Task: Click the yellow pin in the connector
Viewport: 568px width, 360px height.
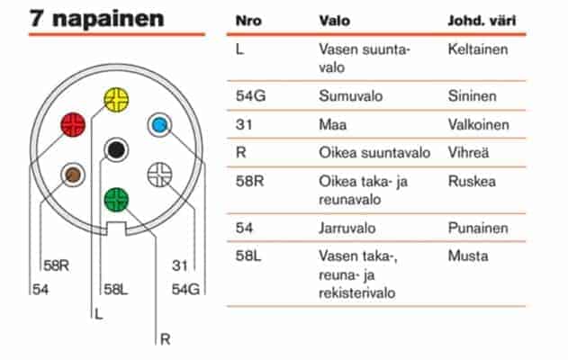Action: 116,99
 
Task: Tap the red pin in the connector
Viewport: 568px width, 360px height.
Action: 73,124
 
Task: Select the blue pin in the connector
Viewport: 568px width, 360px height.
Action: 159,125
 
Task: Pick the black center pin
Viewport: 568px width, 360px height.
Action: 116,149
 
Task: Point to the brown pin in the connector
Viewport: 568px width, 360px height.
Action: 73,175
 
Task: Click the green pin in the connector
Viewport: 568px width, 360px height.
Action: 116,200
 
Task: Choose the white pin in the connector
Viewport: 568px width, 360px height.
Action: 159,175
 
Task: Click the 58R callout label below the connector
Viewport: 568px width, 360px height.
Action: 56,265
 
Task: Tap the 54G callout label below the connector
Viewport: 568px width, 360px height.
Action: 185,289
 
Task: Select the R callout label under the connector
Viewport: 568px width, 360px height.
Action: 166,339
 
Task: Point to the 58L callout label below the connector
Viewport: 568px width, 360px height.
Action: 116,289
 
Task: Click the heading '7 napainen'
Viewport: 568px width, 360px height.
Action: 96,18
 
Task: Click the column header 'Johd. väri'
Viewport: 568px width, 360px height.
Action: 482,21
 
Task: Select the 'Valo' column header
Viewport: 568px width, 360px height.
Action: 334,21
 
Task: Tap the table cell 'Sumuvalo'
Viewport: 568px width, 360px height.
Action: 351,96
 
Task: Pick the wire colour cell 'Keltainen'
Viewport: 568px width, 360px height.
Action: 478,49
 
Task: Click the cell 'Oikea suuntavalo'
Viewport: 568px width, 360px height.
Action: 374,152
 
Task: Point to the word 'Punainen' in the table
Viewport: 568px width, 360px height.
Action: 478,228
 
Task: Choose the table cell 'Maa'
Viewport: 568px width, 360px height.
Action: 332,124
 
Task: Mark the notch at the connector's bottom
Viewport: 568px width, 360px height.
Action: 116,229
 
